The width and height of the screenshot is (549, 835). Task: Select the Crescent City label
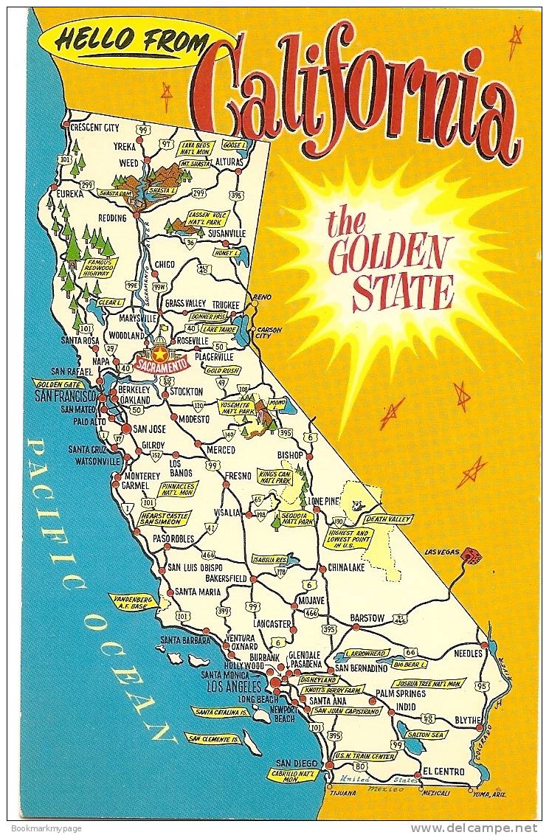pyautogui.click(x=94, y=128)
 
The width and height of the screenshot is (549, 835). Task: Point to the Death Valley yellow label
pyautogui.click(x=387, y=519)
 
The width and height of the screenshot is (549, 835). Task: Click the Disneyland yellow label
pyautogui.click(x=319, y=679)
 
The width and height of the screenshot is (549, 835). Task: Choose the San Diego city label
pyautogui.click(x=297, y=763)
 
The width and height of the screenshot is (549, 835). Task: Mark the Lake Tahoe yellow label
pyautogui.click(x=218, y=329)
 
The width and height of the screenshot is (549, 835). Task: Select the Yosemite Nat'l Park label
pyautogui.click(x=236, y=407)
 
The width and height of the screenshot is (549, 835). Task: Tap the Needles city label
pyautogui.click(x=468, y=654)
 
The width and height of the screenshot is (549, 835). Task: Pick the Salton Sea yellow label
pyautogui.click(x=426, y=735)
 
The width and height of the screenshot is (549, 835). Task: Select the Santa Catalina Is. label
pyautogui.click(x=220, y=712)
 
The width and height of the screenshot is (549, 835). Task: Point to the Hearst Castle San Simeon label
pyautogui.click(x=164, y=518)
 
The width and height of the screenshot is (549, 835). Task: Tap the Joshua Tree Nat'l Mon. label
pyautogui.click(x=429, y=683)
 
